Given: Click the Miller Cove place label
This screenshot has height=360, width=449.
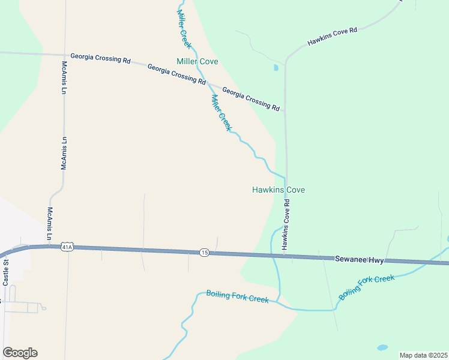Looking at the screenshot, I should [197, 62].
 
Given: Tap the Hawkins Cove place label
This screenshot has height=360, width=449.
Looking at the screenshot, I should [278, 190].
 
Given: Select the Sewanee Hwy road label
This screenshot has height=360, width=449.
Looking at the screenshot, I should [359, 260].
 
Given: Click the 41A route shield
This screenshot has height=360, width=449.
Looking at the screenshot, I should [67, 247].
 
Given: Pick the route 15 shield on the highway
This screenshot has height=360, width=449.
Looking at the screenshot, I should [205, 253].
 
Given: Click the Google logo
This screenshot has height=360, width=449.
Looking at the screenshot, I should [20, 353].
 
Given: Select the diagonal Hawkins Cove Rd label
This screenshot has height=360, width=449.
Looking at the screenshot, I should [332, 36].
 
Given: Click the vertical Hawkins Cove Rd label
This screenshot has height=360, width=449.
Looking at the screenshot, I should [286, 225].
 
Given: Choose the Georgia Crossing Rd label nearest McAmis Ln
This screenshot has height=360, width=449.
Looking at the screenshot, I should [100, 58].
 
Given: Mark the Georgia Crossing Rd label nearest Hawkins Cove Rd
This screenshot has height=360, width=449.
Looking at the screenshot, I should [251, 99].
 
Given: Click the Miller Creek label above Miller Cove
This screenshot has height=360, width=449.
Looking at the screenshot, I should [184, 29].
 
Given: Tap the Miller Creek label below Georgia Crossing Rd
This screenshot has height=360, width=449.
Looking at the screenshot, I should [220, 112].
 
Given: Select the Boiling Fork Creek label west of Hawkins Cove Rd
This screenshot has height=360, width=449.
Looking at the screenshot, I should [237, 296].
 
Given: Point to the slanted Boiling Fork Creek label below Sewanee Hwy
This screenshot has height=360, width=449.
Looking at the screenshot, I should [366, 287].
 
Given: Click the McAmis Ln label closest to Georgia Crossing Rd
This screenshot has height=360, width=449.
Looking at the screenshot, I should [64, 77].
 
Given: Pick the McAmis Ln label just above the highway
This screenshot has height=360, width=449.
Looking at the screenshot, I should [50, 224].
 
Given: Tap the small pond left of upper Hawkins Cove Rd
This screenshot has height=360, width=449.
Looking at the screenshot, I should [276, 68].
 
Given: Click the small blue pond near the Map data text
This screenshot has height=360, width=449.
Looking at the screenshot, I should [382, 347].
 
